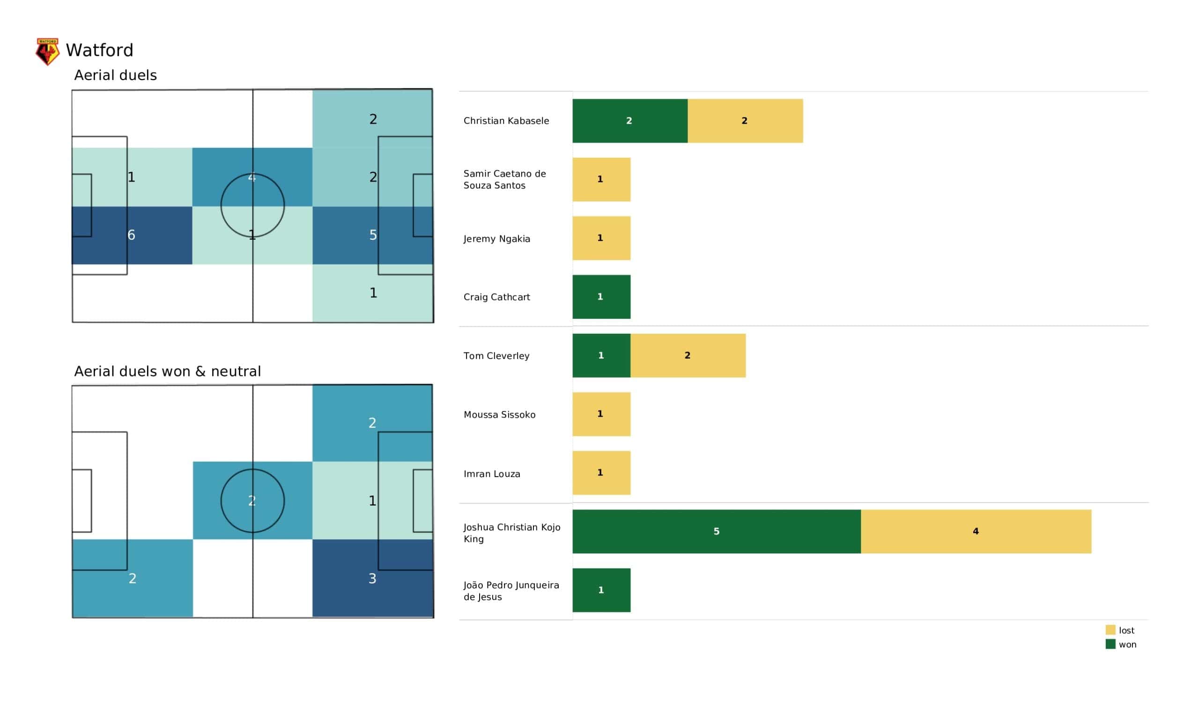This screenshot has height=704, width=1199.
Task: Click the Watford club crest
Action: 47,51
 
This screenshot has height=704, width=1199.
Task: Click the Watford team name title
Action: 99,51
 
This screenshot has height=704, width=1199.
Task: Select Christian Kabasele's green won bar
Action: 629,121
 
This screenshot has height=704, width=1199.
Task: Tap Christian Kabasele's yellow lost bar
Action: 745,121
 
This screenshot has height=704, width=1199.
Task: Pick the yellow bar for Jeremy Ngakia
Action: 601,238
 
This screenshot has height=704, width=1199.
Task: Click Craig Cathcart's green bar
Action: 601,297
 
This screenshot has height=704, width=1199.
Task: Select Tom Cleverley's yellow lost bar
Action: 688,355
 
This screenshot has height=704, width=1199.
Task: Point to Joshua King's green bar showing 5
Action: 716,531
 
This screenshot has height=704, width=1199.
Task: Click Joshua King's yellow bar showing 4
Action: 976,531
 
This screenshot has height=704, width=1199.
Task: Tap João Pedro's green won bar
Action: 601,590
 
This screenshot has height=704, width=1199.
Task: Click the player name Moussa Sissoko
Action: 499,415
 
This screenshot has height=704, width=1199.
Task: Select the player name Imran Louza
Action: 491,474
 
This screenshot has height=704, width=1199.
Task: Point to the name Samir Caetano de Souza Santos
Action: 504,179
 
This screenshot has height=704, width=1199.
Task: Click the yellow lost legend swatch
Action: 1110,630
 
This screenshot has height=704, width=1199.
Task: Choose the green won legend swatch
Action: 1110,645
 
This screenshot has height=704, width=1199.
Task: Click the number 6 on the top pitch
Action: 131,235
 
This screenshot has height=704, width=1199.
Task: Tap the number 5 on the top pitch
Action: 373,235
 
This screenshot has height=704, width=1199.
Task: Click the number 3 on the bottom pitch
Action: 372,579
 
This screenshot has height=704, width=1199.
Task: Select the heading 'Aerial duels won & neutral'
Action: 168,372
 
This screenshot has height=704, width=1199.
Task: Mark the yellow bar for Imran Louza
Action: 601,473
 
